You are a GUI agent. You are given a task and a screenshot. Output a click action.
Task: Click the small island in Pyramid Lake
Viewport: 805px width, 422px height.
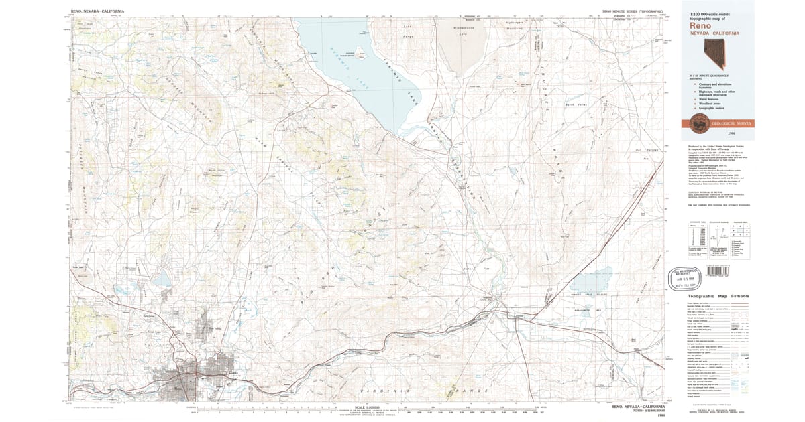tap(362, 56)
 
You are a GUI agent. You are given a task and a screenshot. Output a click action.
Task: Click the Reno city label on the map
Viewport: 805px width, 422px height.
tap(177, 386)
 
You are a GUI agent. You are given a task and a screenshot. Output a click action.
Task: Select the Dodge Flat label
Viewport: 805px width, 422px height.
tap(469, 269)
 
